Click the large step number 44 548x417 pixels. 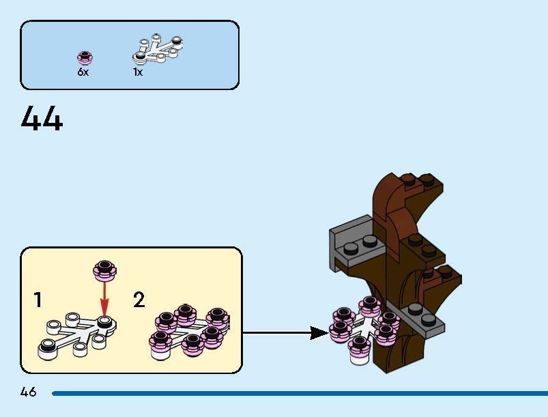tap(42, 119)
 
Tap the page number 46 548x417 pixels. tap(28, 392)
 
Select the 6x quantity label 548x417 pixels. tap(83, 72)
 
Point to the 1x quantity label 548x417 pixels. tap(138, 72)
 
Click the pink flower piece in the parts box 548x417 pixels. tap(85, 57)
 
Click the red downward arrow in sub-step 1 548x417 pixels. tap(104, 299)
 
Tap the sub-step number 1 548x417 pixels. tap(38, 300)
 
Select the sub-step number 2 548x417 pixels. tap(139, 300)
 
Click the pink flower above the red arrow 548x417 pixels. tap(104, 270)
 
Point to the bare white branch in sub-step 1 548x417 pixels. tap(75, 334)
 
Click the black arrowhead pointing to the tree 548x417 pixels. tap(318, 333)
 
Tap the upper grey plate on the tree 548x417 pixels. tap(351, 240)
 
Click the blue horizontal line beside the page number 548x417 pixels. tap(300, 393)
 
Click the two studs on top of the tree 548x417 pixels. tap(418, 181)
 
